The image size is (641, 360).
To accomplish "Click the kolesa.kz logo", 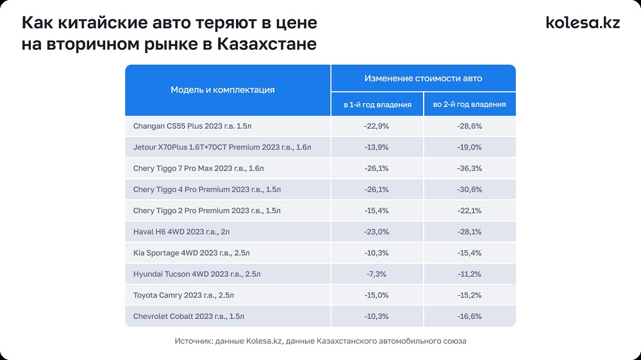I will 583,22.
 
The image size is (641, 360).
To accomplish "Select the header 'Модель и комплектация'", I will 222,90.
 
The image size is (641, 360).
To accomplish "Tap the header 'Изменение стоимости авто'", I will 423,78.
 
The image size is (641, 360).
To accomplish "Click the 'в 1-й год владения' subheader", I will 378,104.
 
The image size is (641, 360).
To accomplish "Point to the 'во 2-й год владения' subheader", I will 469,104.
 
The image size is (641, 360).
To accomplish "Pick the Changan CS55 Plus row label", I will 197,126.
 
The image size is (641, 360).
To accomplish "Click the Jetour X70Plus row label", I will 222,147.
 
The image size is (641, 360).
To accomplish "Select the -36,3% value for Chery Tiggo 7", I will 469,168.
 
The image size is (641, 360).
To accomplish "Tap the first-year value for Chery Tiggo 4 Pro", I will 376,190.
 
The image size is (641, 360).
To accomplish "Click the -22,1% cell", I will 469,211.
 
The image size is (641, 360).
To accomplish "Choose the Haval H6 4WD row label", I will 182,232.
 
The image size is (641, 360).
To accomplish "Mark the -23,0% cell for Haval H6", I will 376,232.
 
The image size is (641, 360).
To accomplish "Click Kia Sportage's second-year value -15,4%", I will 469,253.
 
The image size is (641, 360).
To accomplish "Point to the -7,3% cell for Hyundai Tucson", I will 376,274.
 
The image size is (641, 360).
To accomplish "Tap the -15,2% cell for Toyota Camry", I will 469,295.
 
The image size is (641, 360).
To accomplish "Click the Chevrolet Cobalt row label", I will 188,316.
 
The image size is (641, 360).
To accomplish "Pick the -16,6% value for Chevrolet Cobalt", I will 469,316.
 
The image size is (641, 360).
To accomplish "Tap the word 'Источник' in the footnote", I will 194,341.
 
